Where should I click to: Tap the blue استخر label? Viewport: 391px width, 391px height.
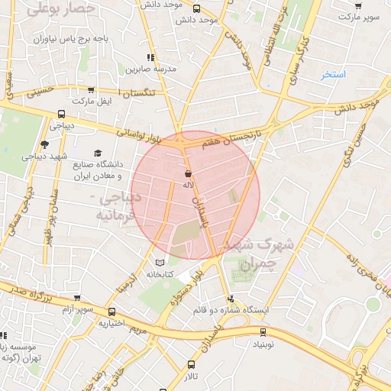[x=333, y=75]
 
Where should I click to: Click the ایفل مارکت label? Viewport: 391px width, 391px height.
[x=92, y=101]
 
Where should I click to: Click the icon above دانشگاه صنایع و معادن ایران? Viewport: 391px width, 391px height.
[x=97, y=153]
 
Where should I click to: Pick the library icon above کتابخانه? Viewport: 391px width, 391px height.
[x=160, y=263]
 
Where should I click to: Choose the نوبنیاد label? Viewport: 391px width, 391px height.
[x=263, y=344]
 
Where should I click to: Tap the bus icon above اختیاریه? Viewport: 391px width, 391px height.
[x=112, y=312]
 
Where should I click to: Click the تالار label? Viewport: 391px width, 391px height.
[x=190, y=377]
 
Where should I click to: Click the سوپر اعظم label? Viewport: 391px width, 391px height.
[x=79, y=309]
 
